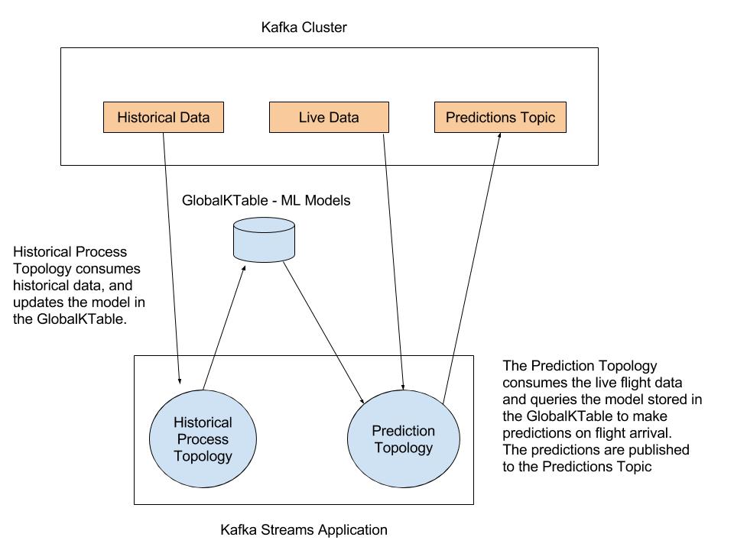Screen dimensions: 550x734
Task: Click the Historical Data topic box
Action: (x=164, y=118)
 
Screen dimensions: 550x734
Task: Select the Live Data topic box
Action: (x=329, y=118)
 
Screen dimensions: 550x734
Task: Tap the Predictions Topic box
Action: (x=500, y=118)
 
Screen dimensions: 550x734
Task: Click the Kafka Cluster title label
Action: (x=304, y=28)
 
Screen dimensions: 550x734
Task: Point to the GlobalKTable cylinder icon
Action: (x=263, y=242)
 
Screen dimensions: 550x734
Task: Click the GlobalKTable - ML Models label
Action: (x=265, y=201)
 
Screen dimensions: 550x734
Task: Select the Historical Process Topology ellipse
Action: (x=203, y=439)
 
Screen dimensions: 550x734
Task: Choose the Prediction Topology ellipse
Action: (x=403, y=439)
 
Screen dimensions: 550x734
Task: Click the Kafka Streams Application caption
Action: (x=304, y=529)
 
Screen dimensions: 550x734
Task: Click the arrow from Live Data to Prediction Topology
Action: (x=393, y=260)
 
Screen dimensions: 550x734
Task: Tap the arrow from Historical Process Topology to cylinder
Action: (x=224, y=328)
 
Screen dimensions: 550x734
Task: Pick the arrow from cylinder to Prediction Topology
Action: (x=324, y=332)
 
